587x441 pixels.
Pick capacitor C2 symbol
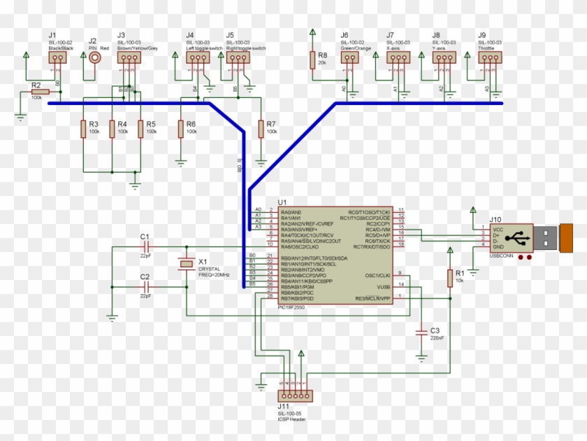coord(145,287)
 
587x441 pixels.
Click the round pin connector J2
coord(94,58)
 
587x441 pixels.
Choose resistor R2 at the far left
coord(41,91)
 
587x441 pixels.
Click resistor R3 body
coord(83,128)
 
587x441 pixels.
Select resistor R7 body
coord(261,128)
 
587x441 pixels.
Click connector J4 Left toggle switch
coord(198,58)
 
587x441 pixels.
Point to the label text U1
coord(282,202)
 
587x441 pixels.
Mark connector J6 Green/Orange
coord(349,58)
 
